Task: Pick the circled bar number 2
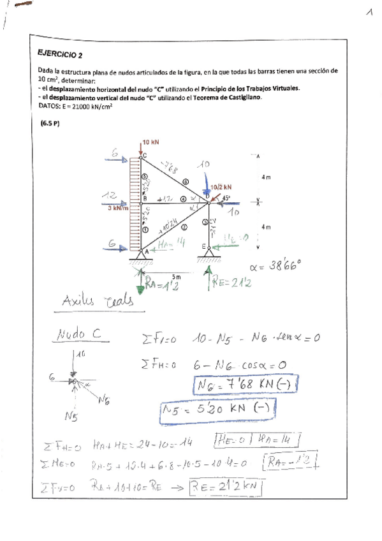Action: [x=184, y=226]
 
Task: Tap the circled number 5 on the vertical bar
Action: [x=145, y=177]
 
